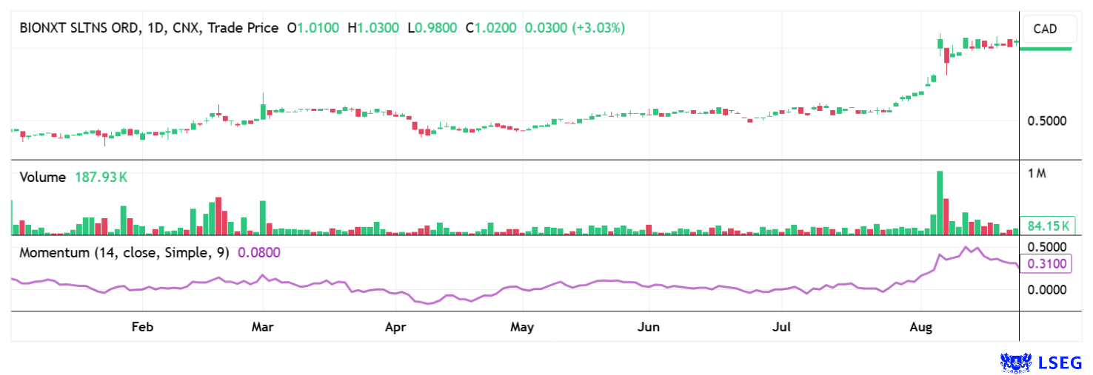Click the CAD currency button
point(1045,30)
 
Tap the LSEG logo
point(1040,362)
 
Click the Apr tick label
point(395,326)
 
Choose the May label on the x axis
point(523,326)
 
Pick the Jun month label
point(649,326)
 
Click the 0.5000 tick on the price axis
point(1047,121)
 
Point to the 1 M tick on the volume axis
point(1037,174)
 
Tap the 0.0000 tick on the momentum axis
point(1047,289)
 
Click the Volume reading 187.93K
point(101,178)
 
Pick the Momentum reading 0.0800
point(258,253)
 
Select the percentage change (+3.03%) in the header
point(599,28)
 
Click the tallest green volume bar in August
point(940,203)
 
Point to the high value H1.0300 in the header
point(378,28)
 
